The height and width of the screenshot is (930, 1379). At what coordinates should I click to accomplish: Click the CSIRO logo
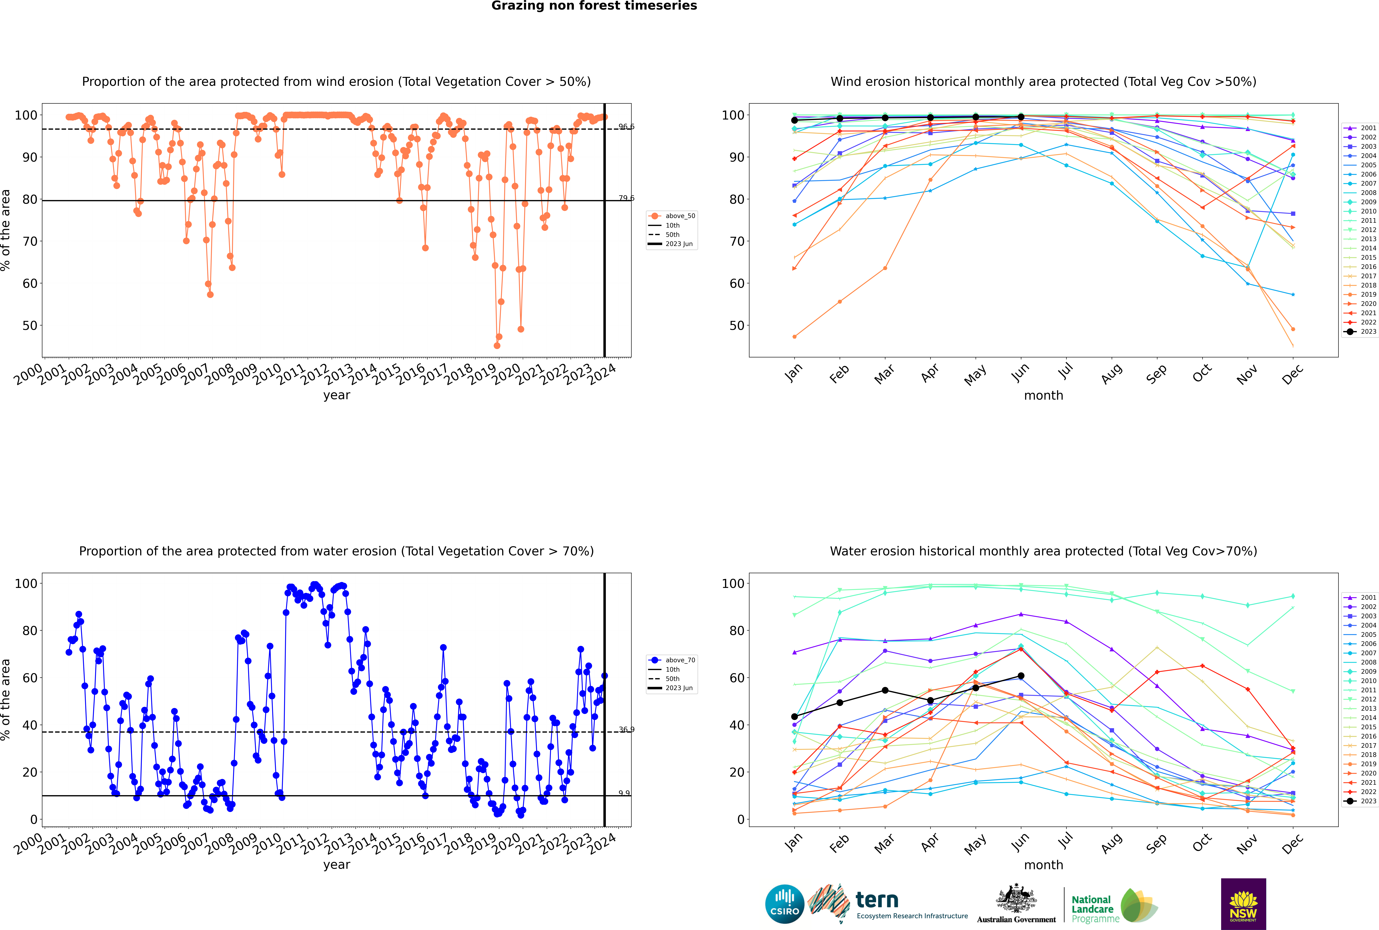tap(784, 904)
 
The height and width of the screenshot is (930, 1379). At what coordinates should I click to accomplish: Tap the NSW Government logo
tap(1243, 903)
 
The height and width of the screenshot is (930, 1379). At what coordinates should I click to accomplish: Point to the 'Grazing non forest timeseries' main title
tap(594, 6)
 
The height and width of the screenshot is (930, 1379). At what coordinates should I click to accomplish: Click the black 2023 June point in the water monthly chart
tap(1021, 676)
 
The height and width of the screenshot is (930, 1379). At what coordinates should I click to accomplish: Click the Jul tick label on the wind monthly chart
tap(1066, 371)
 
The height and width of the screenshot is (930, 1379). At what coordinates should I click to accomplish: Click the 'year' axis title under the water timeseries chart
tap(337, 865)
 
